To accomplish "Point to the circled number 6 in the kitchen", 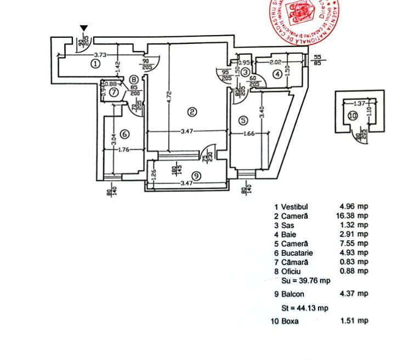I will tap(124, 133).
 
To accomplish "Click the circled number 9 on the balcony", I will tap(197, 176).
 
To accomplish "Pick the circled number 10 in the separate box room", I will tap(353, 115).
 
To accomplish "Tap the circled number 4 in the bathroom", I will tap(278, 74).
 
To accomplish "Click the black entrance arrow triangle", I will tap(83, 29).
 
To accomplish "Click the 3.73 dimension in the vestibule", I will tap(100, 54).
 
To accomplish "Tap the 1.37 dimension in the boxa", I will tap(359, 103).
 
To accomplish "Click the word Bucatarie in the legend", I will tap(297, 252).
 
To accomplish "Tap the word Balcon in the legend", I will tap(293, 294).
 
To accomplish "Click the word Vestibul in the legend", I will tap(295, 207).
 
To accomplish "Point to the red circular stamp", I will tap(303, 19).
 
